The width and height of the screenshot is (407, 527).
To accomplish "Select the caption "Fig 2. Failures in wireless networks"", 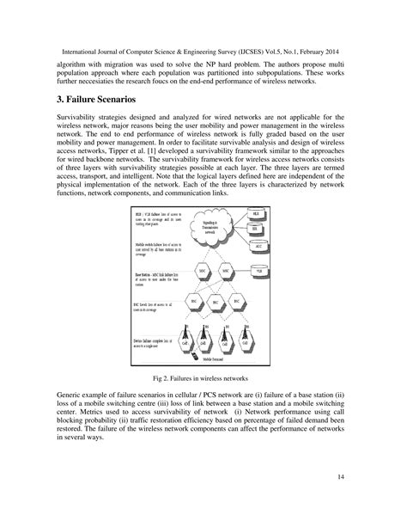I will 203,377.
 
